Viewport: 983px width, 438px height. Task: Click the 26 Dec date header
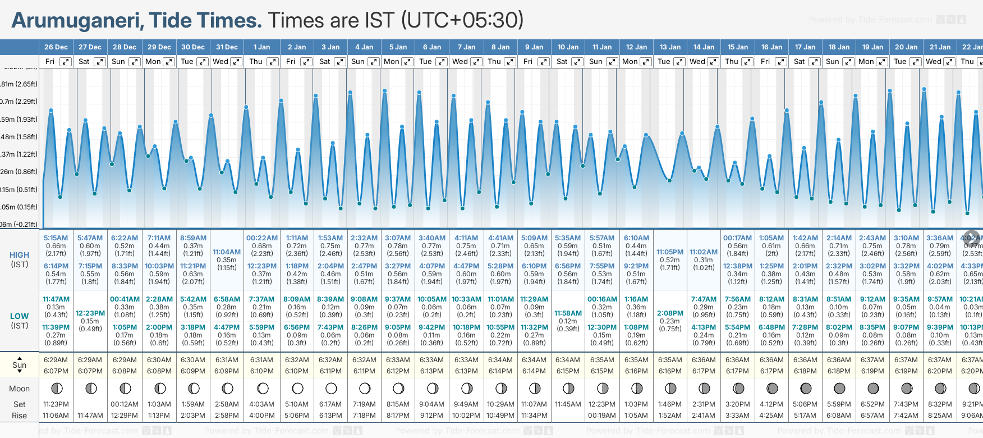tap(56, 47)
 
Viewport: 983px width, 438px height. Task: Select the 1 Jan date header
tap(261, 47)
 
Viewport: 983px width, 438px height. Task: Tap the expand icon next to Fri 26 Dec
tap(66, 62)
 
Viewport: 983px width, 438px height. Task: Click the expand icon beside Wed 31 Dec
tap(236, 62)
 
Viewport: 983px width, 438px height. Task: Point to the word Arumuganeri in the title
tap(76, 21)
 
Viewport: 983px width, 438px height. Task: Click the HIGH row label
tap(20, 255)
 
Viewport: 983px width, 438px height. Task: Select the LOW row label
tap(20, 316)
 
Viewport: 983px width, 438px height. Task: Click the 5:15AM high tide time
tap(56, 238)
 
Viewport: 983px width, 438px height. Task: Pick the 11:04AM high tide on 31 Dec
tap(227, 252)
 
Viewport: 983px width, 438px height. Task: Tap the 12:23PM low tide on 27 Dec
tap(90, 313)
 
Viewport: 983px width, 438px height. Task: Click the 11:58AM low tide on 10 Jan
tap(568, 313)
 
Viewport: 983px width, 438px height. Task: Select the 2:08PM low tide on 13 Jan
tap(670, 313)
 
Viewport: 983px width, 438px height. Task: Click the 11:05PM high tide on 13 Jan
tap(670, 252)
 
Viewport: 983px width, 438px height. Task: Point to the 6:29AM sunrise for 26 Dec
tap(56, 360)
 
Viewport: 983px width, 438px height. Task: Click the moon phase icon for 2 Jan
tap(297, 388)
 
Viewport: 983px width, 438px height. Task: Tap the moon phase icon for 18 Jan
tap(839, 388)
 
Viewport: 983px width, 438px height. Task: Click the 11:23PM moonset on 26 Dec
tap(56, 404)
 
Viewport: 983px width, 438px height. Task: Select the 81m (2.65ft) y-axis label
tap(19, 84)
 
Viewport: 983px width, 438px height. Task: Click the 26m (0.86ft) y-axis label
tap(19, 172)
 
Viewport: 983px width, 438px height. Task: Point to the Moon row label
tap(20, 389)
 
